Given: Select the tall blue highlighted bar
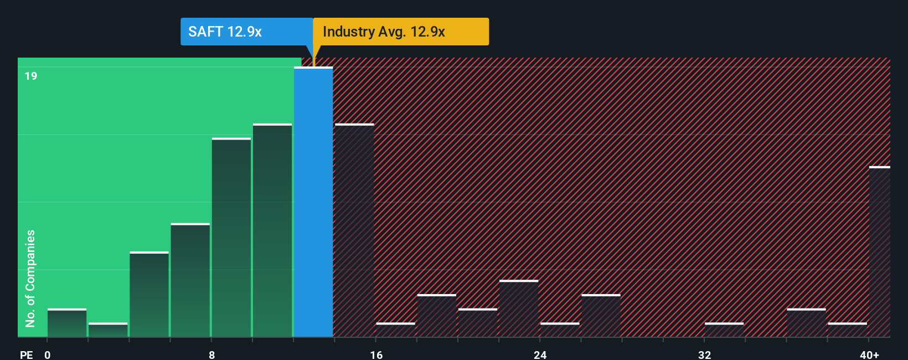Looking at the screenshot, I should tap(313, 202).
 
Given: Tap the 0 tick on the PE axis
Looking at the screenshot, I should tap(48, 354).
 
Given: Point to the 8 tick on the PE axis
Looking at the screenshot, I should tap(211, 354).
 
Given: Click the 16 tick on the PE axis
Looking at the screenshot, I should tap(376, 354).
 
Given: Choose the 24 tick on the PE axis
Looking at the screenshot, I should tap(540, 354).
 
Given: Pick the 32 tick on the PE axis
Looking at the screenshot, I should tap(704, 354).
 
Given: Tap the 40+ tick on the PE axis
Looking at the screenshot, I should tap(869, 354).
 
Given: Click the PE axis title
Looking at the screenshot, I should tap(26, 354).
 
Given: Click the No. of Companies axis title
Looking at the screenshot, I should tap(30, 278).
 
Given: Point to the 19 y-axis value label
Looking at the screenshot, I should tap(31, 76).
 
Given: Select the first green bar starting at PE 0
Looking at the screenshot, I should tap(67, 323).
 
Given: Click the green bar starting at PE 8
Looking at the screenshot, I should tap(231, 237).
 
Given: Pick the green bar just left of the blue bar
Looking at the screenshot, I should tap(272, 230).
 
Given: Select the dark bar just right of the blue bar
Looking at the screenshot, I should tap(354, 230).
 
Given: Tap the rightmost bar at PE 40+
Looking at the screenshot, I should tap(879, 252).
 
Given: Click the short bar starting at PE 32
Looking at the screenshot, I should tap(724, 330).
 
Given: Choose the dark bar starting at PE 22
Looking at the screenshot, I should tap(519, 308).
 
